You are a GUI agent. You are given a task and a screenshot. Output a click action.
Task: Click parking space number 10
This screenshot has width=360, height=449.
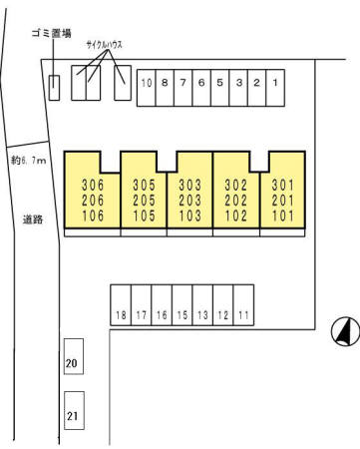147,84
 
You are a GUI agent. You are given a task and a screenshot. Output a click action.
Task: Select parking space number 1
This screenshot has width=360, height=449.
274,84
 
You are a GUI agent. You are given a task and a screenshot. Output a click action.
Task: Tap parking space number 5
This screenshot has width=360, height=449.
219,84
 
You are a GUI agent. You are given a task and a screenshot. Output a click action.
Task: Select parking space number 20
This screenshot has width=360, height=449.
71,364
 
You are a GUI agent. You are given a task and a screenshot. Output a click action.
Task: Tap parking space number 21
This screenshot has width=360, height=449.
71,412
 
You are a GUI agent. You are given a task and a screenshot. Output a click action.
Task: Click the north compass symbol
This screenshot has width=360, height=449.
345,330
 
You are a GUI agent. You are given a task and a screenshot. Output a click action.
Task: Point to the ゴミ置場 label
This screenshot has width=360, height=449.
51,34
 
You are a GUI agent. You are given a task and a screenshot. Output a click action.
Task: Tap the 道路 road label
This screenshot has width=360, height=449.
32,220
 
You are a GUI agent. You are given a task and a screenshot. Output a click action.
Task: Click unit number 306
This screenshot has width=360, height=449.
93,184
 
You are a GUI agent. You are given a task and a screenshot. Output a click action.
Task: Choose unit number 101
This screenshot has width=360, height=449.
282,213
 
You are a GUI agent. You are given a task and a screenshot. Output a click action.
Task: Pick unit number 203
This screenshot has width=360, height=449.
189,199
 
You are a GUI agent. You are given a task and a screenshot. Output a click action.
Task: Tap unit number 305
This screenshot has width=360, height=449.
143,184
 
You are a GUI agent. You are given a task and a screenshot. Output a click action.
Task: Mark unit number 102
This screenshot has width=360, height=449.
236,213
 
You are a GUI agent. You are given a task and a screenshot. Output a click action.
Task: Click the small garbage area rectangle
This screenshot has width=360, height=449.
54,87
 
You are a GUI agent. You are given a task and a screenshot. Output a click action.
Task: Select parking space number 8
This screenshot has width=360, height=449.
165,84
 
